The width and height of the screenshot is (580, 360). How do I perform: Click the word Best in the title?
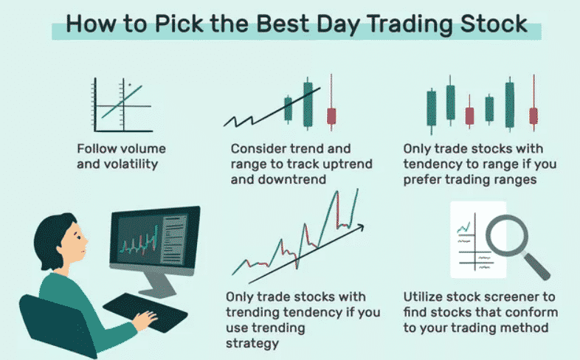pyautogui.click(x=283, y=24)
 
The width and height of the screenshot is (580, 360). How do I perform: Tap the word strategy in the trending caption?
pyautogui.click(x=252, y=344)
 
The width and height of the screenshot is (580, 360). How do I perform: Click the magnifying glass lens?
pyautogui.click(x=507, y=235)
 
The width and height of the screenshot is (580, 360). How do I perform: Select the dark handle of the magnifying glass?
pyautogui.click(x=537, y=266)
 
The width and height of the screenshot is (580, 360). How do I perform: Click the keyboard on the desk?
pyautogui.click(x=145, y=312)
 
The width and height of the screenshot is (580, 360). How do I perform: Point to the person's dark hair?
pyautogui.click(x=52, y=238)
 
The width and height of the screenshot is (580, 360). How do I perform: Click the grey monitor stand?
pyautogui.click(x=159, y=285)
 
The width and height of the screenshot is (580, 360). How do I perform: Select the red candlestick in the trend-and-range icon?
pyautogui.click(x=331, y=116)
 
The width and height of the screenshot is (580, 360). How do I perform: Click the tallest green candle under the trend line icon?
pyautogui.click(x=308, y=104)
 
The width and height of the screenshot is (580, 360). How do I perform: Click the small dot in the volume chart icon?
pyautogui.click(x=129, y=85)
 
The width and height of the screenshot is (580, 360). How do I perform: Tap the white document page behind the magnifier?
pyautogui.click(x=478, y=240)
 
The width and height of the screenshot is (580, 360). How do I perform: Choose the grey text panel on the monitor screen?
pyautogui.click(x=173, y=240)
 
